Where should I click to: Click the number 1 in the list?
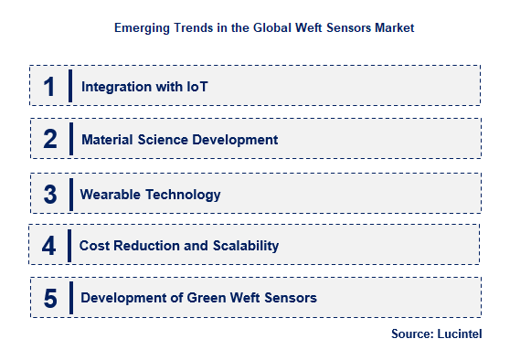[49, 87]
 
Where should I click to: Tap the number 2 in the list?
[50, 140]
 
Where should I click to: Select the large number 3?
[50, 194]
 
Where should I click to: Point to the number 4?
[49, 245]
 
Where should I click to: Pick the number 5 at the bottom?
[50, 298]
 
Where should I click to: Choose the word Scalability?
[241, 246]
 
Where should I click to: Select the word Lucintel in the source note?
[459, 334]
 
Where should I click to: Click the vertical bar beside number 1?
[70, 87]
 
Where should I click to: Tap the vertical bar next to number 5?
[69, 298]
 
